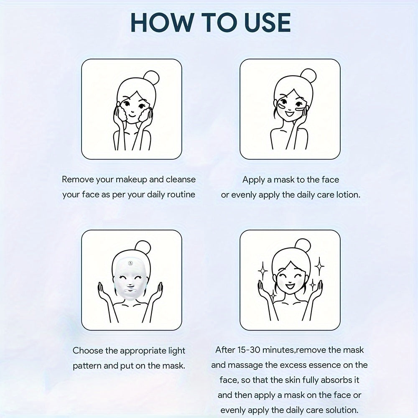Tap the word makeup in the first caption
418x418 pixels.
131,180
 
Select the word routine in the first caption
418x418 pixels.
181,195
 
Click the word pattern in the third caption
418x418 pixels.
87,366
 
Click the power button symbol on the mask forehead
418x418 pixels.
130,263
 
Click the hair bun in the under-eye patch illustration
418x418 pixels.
308,76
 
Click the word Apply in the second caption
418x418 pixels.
254,180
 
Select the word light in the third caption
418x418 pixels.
177,351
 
